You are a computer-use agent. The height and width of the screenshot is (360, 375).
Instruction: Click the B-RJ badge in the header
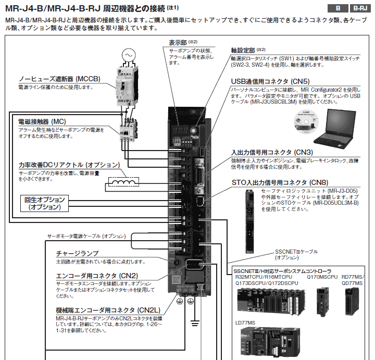click(360, 8)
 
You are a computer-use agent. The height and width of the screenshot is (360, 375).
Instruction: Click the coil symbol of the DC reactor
click(124, 182)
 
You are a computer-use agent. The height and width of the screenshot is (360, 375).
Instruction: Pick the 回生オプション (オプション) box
click(45, 203)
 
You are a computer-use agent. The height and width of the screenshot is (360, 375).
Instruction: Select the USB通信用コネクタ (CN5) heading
click(270, 81)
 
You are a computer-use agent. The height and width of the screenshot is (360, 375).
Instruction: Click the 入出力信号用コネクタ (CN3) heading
click(272, 152)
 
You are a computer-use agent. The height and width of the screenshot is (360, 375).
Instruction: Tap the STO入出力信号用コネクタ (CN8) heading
click(280, 182)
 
